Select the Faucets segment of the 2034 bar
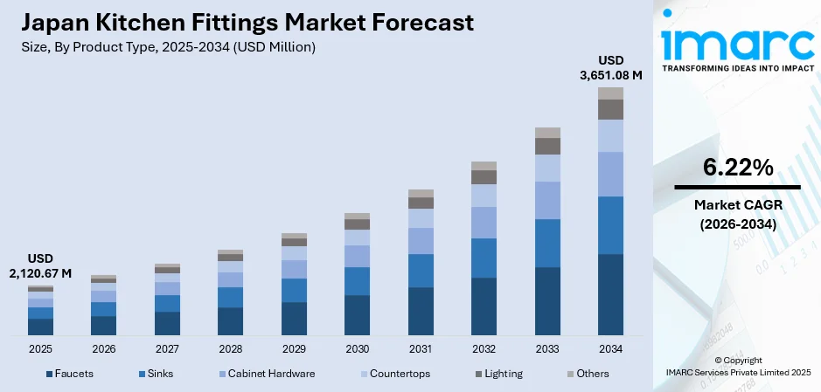coord(610,294)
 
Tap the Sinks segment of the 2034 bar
coord(610,225)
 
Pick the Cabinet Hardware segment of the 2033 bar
coord(547,200)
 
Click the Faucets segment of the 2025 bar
coord(40,327)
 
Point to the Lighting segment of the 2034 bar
coord(610,109)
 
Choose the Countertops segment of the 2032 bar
coord(484,196)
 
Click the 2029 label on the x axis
coord(294,349)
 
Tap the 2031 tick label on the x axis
coord(421,349)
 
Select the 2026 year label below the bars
coord(103,349)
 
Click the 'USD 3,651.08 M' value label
coord(610,67)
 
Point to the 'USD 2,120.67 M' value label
coord(40,266)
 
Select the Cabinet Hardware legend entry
coord(265,374)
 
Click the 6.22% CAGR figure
coord(737,168)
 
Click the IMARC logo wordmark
coord(736,39)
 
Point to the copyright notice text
coord(737,366)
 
